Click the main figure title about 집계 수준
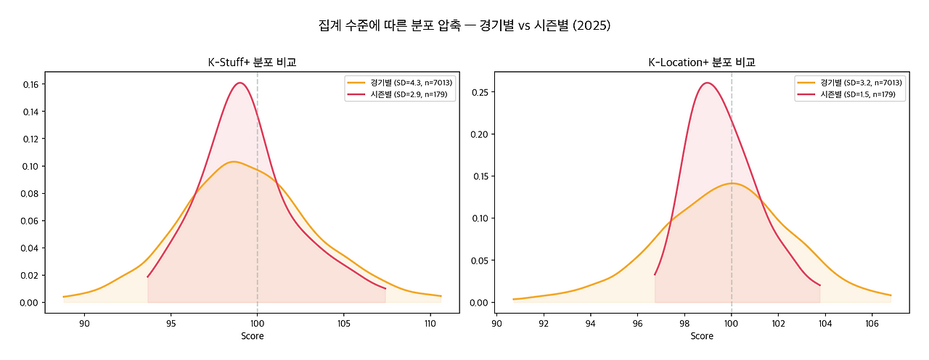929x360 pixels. coord(464,25)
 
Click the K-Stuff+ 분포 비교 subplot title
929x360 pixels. coord(252,62)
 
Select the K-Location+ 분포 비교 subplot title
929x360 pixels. coord(702,62)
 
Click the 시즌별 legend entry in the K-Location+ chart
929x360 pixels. coord(850,94)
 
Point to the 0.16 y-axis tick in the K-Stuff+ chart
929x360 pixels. coord(30,84)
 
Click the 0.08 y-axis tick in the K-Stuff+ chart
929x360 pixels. coord(30,193)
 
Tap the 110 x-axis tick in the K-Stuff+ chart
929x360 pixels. coord(429,323)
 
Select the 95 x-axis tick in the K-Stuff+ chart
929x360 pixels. coord(171,323)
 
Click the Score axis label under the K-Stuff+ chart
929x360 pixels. coord(252,336)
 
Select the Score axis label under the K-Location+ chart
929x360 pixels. coord(702,336)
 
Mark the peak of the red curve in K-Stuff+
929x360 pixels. coord(239,83)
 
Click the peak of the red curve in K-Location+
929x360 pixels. coord(707,83)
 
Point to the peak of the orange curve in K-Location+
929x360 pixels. coord(732,183)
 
